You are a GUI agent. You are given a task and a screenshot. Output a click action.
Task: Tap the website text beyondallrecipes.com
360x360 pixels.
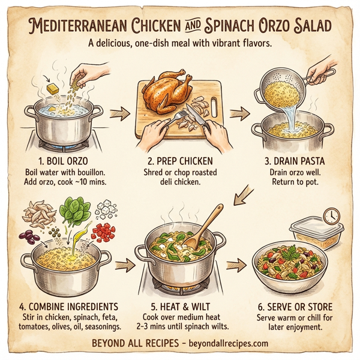(220, 343)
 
